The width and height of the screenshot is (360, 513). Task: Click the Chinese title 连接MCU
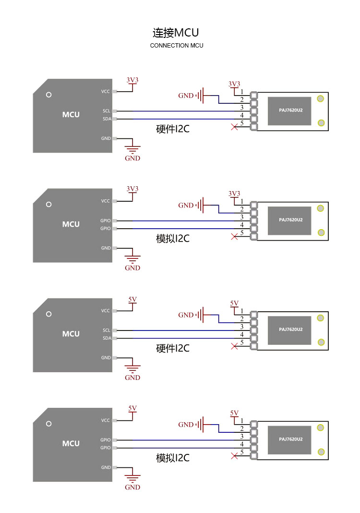176,33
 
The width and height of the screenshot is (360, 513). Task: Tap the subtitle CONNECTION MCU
177,46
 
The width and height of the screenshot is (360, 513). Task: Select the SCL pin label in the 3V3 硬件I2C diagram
107,111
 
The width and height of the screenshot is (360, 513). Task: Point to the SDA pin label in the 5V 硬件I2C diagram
107,338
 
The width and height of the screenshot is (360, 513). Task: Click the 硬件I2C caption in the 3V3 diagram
173,129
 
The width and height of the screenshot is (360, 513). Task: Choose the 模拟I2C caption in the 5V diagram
173,458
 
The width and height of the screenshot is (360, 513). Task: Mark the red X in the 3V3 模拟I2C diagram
234,236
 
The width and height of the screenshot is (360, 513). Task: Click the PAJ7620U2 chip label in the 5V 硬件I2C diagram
291,330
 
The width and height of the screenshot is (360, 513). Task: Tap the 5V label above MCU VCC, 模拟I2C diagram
132,408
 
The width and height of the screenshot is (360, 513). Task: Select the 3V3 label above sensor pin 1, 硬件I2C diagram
234,84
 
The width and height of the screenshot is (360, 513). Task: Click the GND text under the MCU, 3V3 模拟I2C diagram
132,268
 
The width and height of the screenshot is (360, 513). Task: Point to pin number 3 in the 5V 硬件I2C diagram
242,327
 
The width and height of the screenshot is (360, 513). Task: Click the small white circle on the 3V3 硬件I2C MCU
48,95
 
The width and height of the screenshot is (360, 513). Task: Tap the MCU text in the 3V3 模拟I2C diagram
71,224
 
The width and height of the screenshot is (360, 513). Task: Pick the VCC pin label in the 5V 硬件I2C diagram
105,310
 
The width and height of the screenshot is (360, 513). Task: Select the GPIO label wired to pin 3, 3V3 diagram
105,220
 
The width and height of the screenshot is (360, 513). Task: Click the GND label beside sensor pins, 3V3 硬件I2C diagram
186,96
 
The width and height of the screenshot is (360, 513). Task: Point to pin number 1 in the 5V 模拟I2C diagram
242,421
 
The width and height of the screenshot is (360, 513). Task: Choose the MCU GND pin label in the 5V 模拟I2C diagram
106,467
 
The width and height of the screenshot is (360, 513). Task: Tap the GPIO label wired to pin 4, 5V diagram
105,448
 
